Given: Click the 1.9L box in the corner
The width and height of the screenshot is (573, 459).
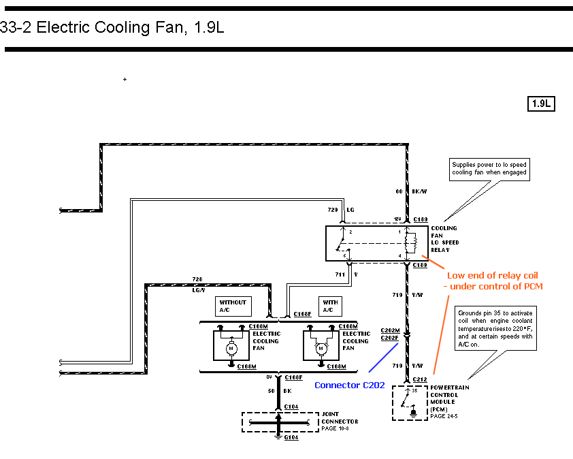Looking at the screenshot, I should (x=542, y=104).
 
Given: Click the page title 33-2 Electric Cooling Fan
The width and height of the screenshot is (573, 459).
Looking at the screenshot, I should (x=112, y=28).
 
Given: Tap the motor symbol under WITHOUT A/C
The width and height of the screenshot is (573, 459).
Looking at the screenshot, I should (x=231, y=348).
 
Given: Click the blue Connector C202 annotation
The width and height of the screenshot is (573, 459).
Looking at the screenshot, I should (x=349, y=385).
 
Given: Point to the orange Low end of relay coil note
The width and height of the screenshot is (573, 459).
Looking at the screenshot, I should (x=495, y=281).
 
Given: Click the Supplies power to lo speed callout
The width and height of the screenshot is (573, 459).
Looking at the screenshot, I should (x=490, y=168).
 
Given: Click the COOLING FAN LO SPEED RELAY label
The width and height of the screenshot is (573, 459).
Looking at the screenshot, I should (x=444, y=239).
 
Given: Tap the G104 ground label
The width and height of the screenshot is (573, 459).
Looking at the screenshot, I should (x=291, y=437).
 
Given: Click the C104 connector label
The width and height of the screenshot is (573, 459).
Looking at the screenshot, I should (x=291, y=407).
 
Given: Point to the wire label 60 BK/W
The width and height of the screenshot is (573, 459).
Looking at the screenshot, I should (x=408, y=191).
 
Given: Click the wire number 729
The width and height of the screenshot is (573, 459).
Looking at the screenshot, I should (x=332, y=210).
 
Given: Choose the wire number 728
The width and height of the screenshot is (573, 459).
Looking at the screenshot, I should (x=197, y=280).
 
